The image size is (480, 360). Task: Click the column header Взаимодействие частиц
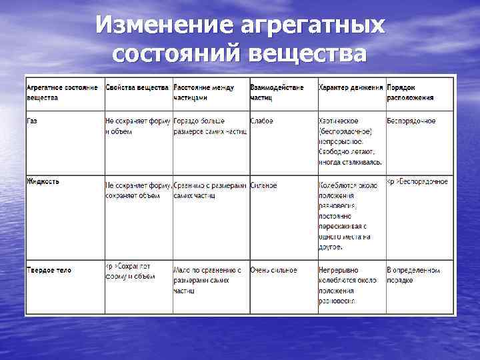click(277, 92)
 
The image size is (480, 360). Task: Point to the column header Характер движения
click(351, 87)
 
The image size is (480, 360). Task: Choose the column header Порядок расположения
click(410, 92)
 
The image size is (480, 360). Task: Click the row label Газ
click(32, 121)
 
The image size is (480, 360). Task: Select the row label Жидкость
click(43, 181)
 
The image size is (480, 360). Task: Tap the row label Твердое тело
click(49, 270)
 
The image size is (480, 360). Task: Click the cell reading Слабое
click(261, 121)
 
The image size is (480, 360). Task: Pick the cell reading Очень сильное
click(273, 270)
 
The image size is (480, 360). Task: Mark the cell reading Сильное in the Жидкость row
click(264, 185)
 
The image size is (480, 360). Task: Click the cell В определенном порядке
click(413, 275)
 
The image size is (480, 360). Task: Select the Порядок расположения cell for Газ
click(411, 121)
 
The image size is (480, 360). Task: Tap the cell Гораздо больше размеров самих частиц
click(209, 126)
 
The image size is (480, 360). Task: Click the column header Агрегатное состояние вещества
click(62, 92)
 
